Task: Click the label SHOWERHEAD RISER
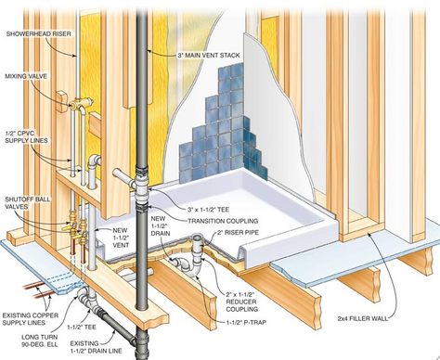coord(38,33)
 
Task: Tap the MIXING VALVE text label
coord(26,76)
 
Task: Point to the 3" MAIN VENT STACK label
coord(208,56)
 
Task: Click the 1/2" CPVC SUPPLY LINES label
coord(27,136)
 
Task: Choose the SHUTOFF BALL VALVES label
coord(27,202)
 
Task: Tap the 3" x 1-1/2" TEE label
coord(208,210)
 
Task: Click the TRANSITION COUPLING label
coord(223,221)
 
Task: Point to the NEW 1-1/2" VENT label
coord(120,238)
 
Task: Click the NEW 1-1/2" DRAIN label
coord(161,225)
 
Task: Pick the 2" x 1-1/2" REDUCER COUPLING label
coord(241,302)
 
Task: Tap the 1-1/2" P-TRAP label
coord(246,323)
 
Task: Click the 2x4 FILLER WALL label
coord(363,318)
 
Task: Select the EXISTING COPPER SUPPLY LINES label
coord(31,319)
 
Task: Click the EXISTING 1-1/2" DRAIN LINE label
coord(96,347)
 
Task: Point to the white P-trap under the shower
coord(188,265)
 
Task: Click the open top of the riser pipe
coord(197,238)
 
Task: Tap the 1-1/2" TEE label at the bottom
coord(82,327)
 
